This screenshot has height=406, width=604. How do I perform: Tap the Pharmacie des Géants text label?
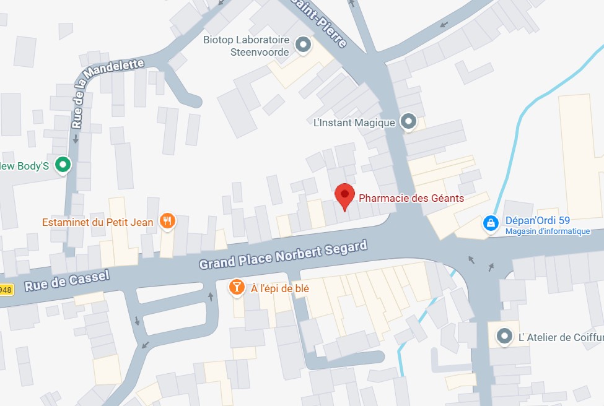tap(411, 199)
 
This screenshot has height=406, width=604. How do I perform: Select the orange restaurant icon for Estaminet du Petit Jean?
tap(167, 221)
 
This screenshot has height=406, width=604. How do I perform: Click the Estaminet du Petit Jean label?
tap(98, 222)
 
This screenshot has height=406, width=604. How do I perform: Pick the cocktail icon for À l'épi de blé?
tap(237, 287)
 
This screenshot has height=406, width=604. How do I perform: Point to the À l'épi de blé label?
tap(279, 288)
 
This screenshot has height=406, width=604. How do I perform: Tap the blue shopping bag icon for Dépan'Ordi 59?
tap(491, 223)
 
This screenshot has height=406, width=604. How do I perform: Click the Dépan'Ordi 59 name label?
tap(537, 220)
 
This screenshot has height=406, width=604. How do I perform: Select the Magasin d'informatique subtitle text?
tap(548, 231)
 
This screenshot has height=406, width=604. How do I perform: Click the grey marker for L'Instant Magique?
tap(408, 122)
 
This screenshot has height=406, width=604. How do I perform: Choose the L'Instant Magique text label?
tap(354, 123)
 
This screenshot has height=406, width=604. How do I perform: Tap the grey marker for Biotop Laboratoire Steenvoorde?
tap(302, 45)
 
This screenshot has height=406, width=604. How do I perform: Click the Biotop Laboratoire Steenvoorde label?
tap(247, 46)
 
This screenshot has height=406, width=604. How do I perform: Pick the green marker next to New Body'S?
tap(63, 165)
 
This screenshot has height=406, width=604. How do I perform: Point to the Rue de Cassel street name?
tap(67, 280)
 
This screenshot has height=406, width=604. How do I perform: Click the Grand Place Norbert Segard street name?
tap(282, 254)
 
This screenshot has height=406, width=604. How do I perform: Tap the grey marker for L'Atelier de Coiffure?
tap(505, 337)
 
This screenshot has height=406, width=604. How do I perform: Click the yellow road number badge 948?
tap(6, 290)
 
